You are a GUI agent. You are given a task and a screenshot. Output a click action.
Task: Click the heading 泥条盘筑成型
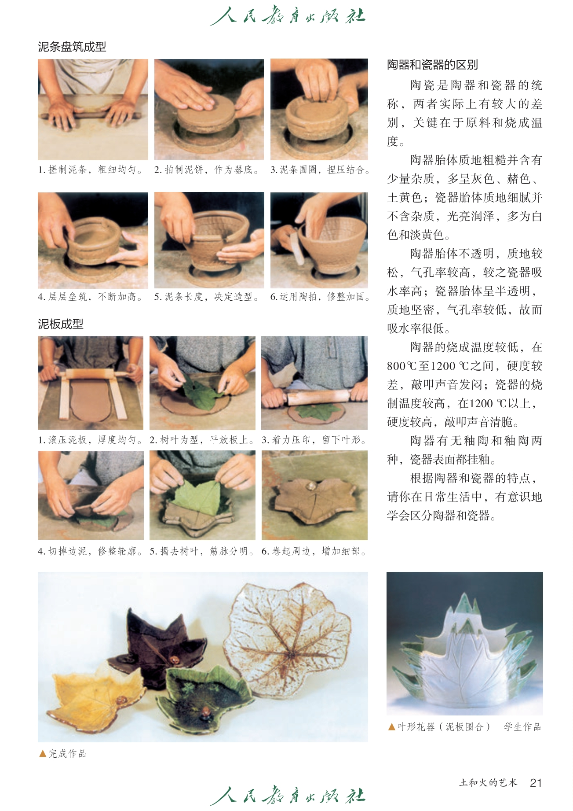[x=72, y=47]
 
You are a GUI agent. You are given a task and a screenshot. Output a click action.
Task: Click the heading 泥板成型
[x=60, y=324]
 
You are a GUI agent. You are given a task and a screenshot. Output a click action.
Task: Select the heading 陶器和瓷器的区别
[x=432, y=65]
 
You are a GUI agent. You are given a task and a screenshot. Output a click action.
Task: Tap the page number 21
[x=536, y=783]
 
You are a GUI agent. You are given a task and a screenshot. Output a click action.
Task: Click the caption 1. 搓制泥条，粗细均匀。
[x=91, y=170]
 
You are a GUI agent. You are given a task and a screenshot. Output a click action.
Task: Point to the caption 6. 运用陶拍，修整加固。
[x=321, y=297]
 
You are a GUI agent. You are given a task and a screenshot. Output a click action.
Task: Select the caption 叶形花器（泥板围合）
[x=444, y=727]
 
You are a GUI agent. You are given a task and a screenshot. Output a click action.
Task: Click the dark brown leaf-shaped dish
[x=156, y=643]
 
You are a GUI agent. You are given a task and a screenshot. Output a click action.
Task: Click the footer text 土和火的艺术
[x=488, y=782]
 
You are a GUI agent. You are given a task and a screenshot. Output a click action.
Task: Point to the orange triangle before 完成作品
[x=43, y=754]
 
